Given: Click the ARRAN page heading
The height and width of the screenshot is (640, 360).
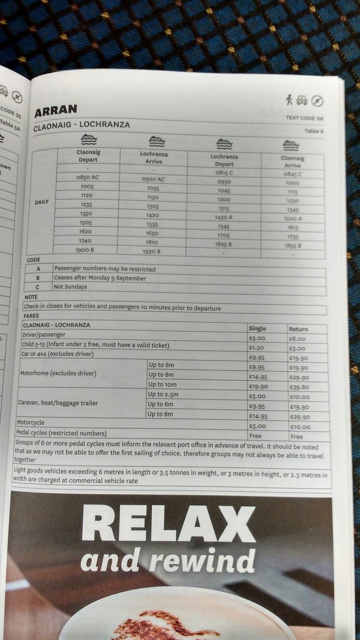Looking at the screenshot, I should tap(55, 110).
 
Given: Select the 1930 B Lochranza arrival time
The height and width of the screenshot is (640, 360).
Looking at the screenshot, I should tap(151, 251).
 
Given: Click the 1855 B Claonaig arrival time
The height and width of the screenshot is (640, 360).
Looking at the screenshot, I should tap(292, 245).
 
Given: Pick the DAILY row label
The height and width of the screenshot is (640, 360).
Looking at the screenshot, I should tap(41, 202).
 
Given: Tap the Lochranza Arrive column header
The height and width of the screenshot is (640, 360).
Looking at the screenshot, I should tap(154, 157).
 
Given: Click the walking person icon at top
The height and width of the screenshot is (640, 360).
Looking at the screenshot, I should tap(289, 99).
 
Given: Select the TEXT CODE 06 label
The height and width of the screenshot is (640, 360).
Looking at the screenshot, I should tap(305, 118).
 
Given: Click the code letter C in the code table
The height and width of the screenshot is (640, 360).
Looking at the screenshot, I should tap(38, 287).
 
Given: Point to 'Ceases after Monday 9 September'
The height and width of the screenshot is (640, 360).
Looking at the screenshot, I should tap(100, 278).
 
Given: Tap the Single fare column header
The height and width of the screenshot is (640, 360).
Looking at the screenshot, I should tap(257, 328).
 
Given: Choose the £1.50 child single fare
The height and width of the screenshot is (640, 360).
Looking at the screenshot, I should tap(257, 347).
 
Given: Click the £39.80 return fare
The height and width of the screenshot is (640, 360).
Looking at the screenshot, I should tap(299, 387).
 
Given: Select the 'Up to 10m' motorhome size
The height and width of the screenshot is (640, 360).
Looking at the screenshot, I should tap(163, 385).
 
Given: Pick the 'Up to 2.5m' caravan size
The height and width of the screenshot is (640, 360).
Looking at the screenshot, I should tap(164, 394).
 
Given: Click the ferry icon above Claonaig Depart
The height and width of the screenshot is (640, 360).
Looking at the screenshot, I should tap(89, 140).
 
